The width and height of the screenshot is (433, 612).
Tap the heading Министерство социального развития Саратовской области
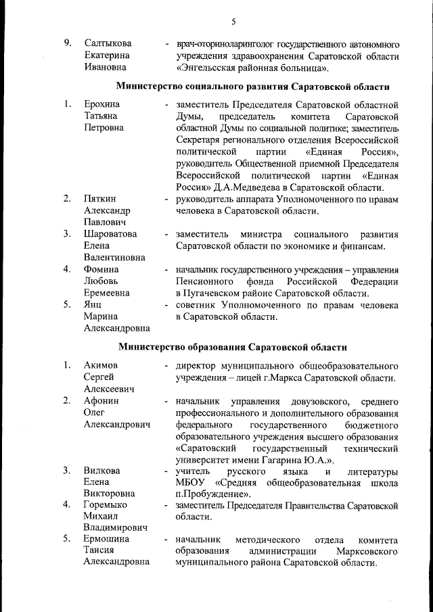(x=253, y=87)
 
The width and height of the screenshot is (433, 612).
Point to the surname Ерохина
(x=101, y=105)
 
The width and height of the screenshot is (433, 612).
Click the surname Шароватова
(x=110, y=234)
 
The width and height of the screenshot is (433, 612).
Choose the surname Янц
(x=93, y=305)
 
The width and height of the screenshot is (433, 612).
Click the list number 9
(x=68, y=43)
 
